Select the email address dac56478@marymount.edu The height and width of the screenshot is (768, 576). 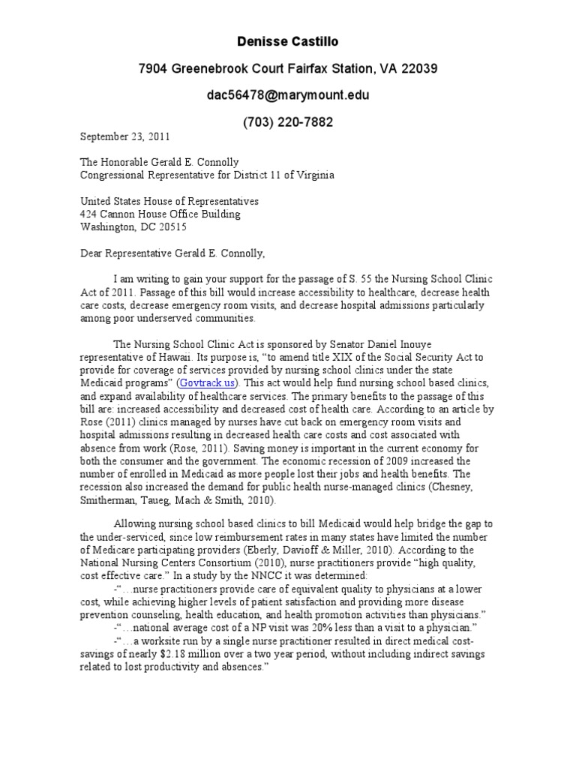click(x=288, y=95)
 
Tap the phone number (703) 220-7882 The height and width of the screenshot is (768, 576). click(x=288, y=121)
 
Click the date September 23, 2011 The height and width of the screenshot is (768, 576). click(x=125, y=136)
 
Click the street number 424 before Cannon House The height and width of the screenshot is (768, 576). click(x=88, y=214)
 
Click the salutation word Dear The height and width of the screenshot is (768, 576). click(x=94, y=253)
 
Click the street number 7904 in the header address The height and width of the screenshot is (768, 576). click(x=154, y=69)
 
